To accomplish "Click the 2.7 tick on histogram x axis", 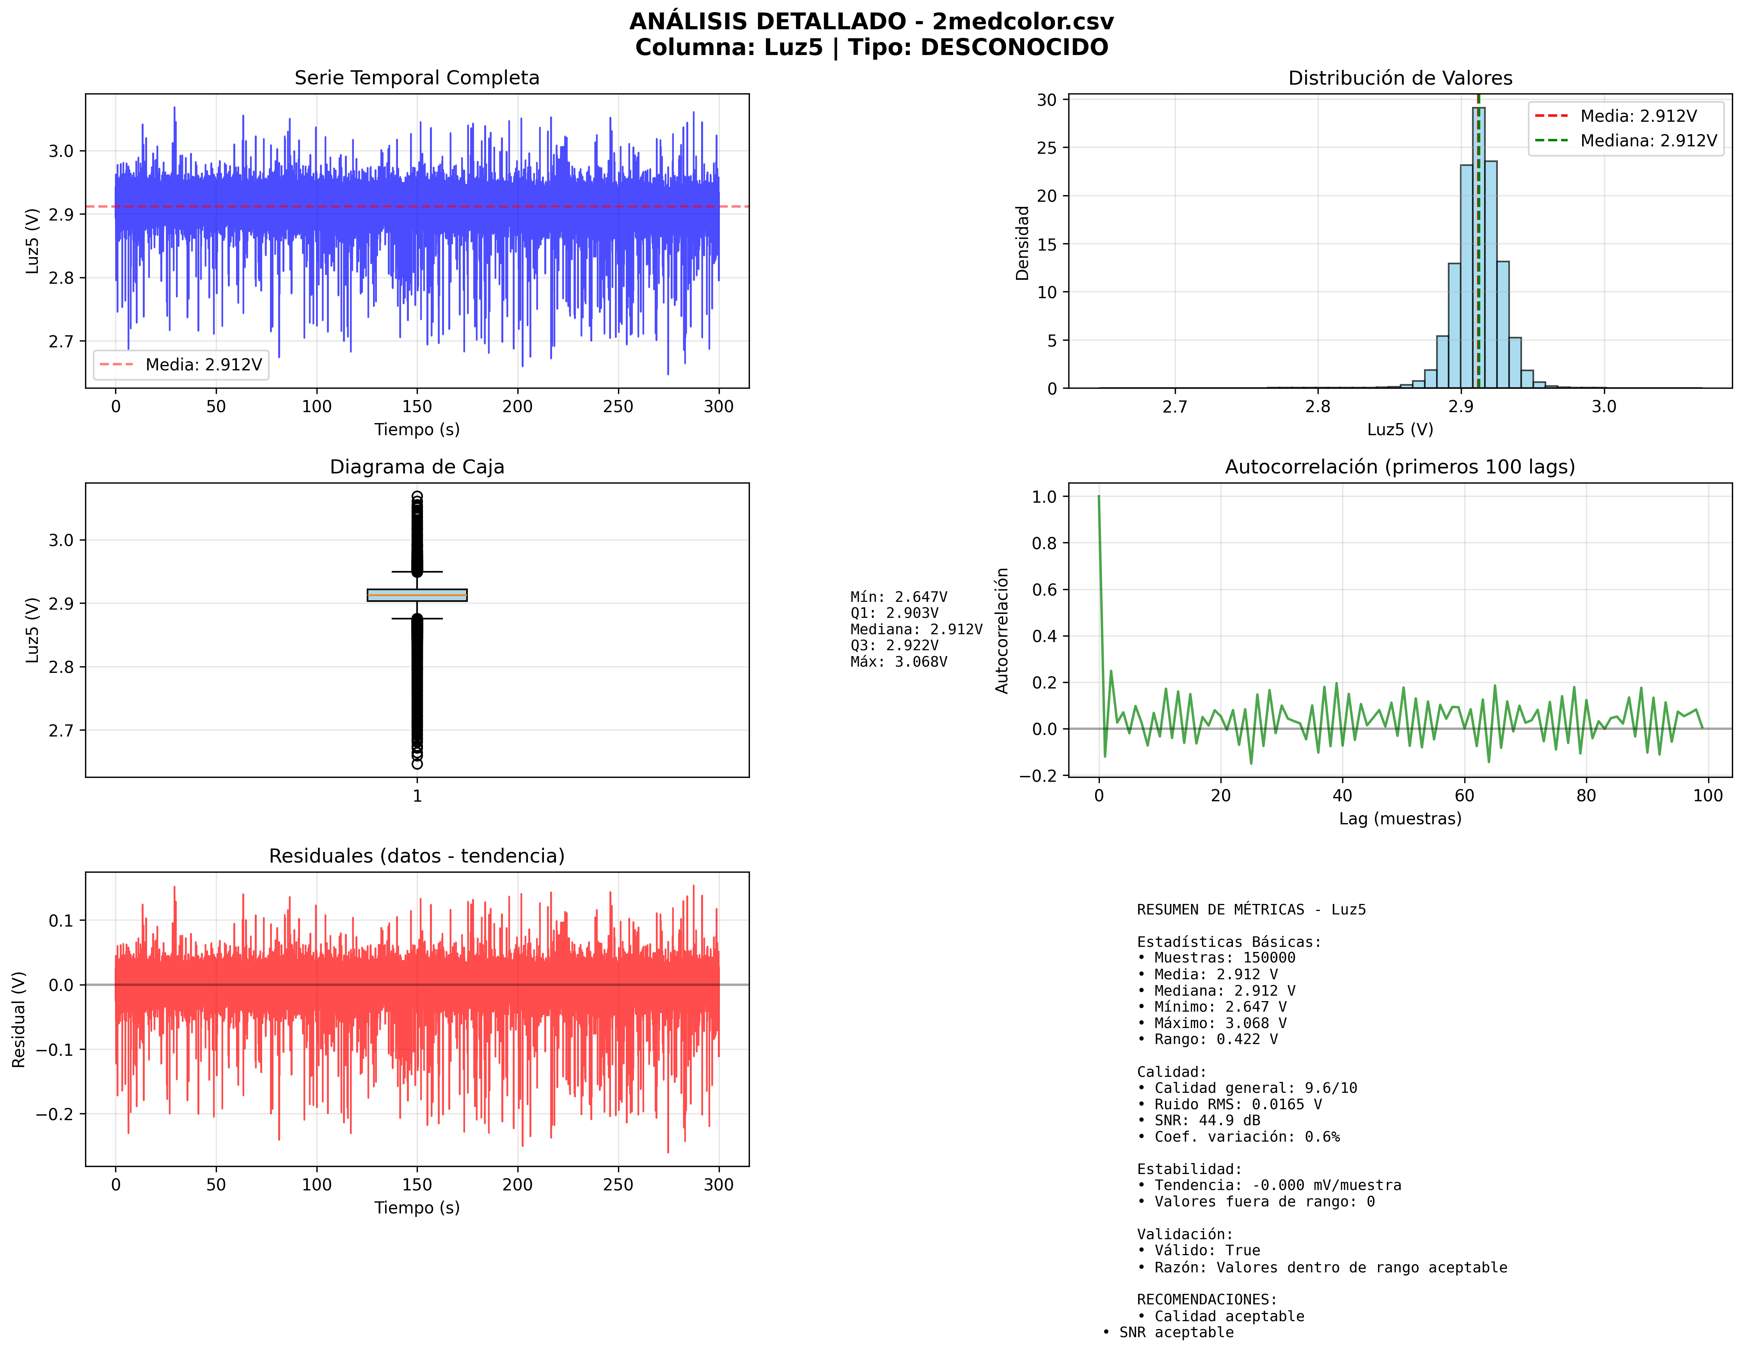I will point(1175,407).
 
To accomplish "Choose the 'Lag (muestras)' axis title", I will point(1399,818).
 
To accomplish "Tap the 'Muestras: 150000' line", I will point(1224,958).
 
